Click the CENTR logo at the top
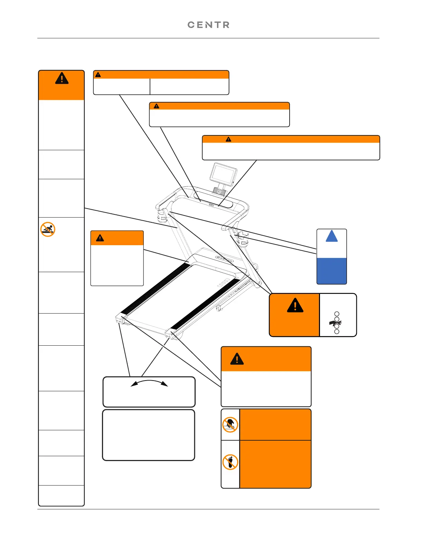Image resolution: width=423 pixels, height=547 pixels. click(x=208, y=25)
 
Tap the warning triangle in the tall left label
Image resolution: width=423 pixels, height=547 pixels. click(x=62, y=79)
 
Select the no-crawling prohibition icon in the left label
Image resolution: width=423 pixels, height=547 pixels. click(x=48, y=229)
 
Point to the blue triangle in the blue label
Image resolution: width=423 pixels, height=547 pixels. click(x=332, y=237)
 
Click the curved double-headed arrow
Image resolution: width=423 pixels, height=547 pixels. click(x=149, y=383)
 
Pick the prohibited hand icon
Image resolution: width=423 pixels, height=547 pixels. click(x=230, y=425)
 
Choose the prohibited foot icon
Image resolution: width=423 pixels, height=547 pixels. click(x=230, y=462)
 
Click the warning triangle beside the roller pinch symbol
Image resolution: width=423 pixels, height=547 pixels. click(x=295, y=306)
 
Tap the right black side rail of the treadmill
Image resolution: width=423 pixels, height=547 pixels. click(x=206, y=304)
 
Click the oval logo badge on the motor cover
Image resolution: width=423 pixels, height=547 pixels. click(x=224, y=259)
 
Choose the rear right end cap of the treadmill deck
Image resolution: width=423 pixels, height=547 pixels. click(x=170, y=334)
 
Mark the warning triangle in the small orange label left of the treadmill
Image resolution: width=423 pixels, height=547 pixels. click(x=100, y=238)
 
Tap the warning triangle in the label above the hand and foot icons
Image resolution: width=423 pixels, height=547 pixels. click(x=237, y=359)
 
